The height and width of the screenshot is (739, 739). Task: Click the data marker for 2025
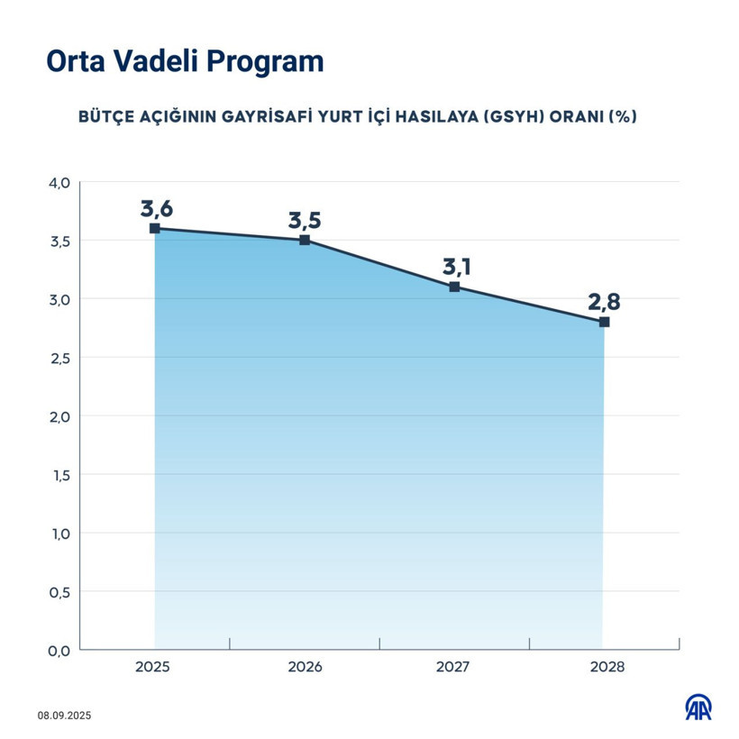[155, 229]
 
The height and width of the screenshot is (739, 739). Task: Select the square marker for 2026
[305, 241]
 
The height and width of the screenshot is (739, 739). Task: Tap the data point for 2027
[454, 287]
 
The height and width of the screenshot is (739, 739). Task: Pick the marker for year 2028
[604, 322]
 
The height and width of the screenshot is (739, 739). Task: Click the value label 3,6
[156, 209]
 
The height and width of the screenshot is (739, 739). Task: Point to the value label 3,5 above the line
[305, 221]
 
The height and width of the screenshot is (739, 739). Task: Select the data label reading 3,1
[456, 267]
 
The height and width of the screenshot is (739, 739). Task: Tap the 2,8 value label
[604, 301]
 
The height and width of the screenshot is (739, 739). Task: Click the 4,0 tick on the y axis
[59, 183]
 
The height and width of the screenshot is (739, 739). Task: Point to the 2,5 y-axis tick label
[59, 358]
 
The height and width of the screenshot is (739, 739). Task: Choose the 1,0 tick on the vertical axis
[59, 533]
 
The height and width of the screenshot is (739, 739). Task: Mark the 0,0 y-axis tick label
[59, 650]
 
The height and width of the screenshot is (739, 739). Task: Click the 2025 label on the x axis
[154, 669]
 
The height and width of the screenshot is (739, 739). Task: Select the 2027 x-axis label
[454, 669]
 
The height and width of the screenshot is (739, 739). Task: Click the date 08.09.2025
[65, 716]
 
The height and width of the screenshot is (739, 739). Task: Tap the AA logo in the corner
[698, 707]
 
